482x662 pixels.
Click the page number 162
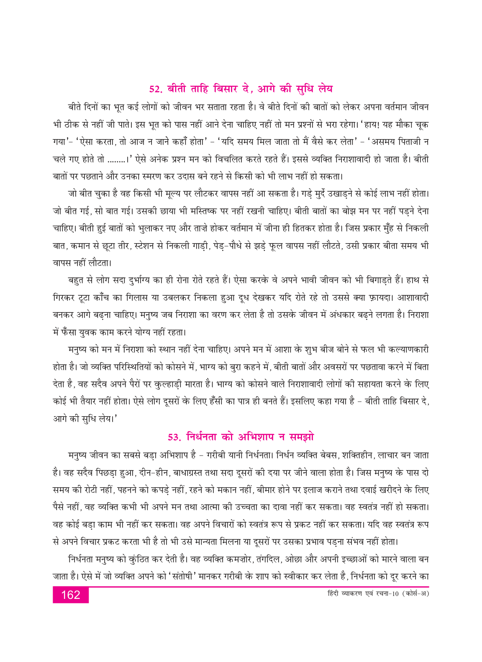tap(70, 595)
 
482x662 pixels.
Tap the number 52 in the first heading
tap(156, 89)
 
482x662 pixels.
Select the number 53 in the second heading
tap(174, 437)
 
